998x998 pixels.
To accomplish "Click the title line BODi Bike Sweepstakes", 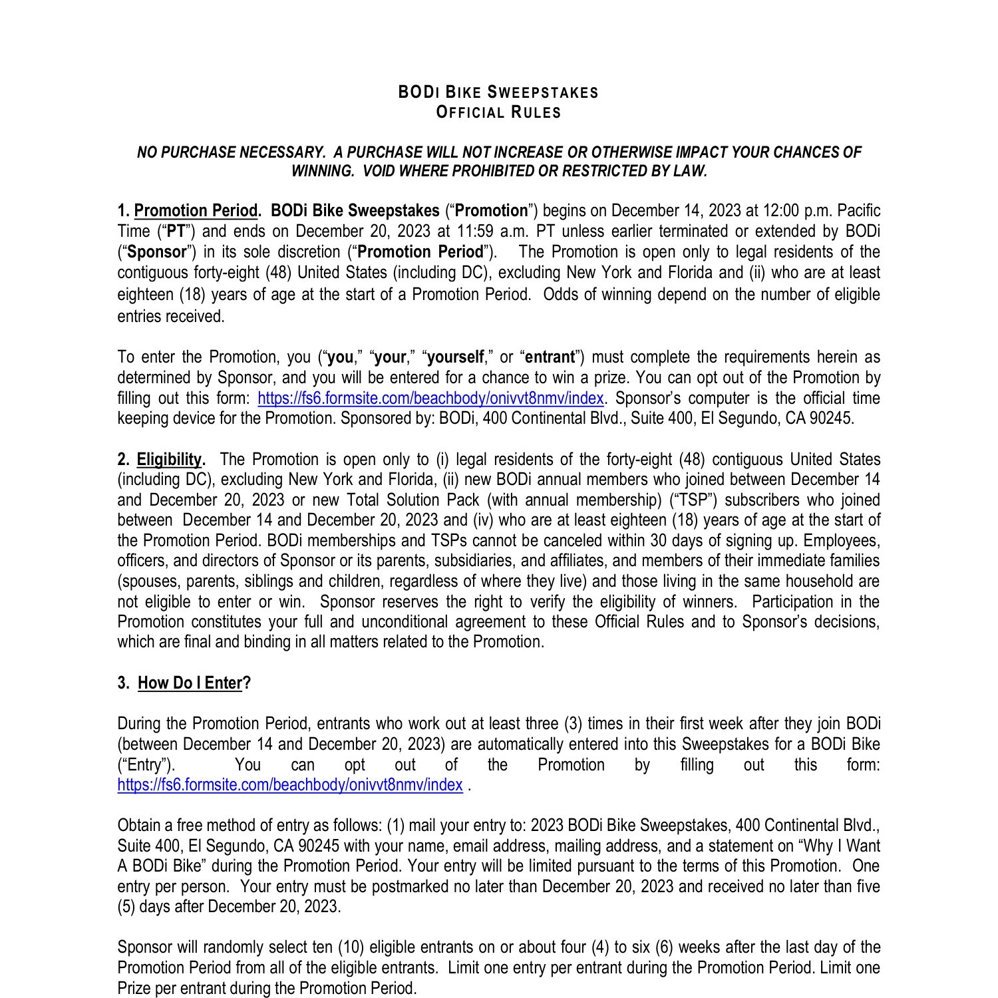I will [498, 92].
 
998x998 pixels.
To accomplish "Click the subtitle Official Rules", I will [498, 112].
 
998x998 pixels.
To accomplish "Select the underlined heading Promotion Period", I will [196, 211].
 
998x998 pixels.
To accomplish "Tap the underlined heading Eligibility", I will [169, 460].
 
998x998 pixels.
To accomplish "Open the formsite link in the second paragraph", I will [430, 399].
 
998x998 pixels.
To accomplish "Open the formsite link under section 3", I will [289, 785].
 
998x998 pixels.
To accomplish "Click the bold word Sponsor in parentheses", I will [157, 252].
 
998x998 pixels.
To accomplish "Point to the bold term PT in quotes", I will [176, 232].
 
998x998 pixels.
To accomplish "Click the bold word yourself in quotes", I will [456, 357].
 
